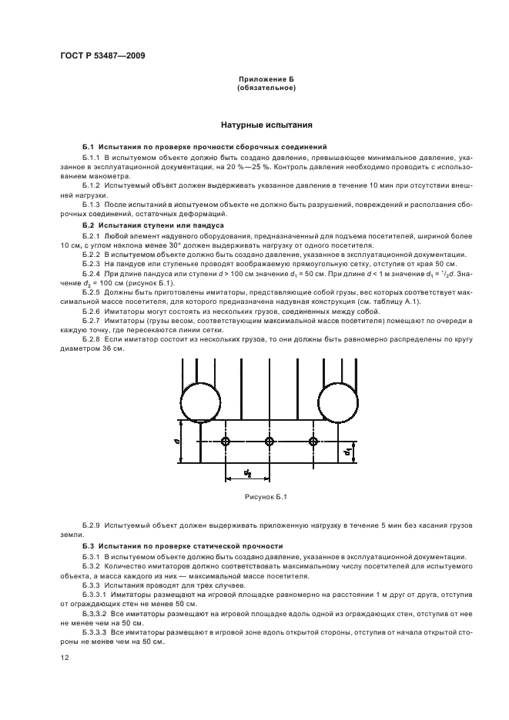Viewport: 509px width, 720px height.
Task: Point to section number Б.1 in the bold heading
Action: (x=87, y=146)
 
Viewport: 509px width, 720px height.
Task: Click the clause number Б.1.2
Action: (x=91, y=186)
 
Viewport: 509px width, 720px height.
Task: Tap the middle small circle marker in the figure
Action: (x=269, y=442)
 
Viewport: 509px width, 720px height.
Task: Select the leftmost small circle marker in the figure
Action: (x=225, y=442)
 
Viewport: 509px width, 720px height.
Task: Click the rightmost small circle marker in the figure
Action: (x=313, y=442)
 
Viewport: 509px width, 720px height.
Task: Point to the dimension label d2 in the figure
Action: (x=247, y=472)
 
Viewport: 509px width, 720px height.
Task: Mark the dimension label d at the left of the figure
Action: (x=177, y=442)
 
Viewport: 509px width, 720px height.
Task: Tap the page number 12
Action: (x=65, y=657)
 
